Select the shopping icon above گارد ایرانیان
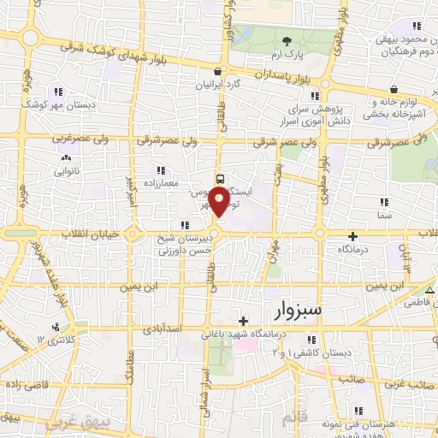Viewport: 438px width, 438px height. (219, 73)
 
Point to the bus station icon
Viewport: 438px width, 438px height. (220, 180)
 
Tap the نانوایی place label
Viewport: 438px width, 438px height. (66, 169)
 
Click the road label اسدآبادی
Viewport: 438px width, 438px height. (157, 328)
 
